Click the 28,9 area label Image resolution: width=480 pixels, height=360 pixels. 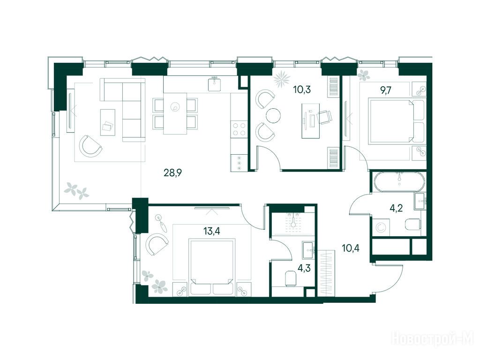click(x=173, y=173)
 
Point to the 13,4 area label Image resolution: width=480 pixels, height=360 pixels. click(x=212, y=231)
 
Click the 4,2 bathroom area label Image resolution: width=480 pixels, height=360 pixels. click(x=396, y=209)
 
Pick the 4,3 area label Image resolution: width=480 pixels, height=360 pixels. click(x=304, y=269)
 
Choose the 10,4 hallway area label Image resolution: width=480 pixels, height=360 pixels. click(x=351, y=248)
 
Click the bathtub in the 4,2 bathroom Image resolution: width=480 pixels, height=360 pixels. click(x=399, y=182)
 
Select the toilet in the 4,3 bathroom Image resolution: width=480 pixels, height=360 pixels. click(x=291, y=278)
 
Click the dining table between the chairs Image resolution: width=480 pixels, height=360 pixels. click(x=175, y=113)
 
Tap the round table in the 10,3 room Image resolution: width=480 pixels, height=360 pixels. click(x=273, y=116)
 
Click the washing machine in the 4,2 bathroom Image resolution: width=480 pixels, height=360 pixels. click(x=381, y=227)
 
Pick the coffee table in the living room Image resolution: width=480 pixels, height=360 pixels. click(x=108, y=122)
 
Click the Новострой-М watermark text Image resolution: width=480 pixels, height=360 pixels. click(x=433, y=339)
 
